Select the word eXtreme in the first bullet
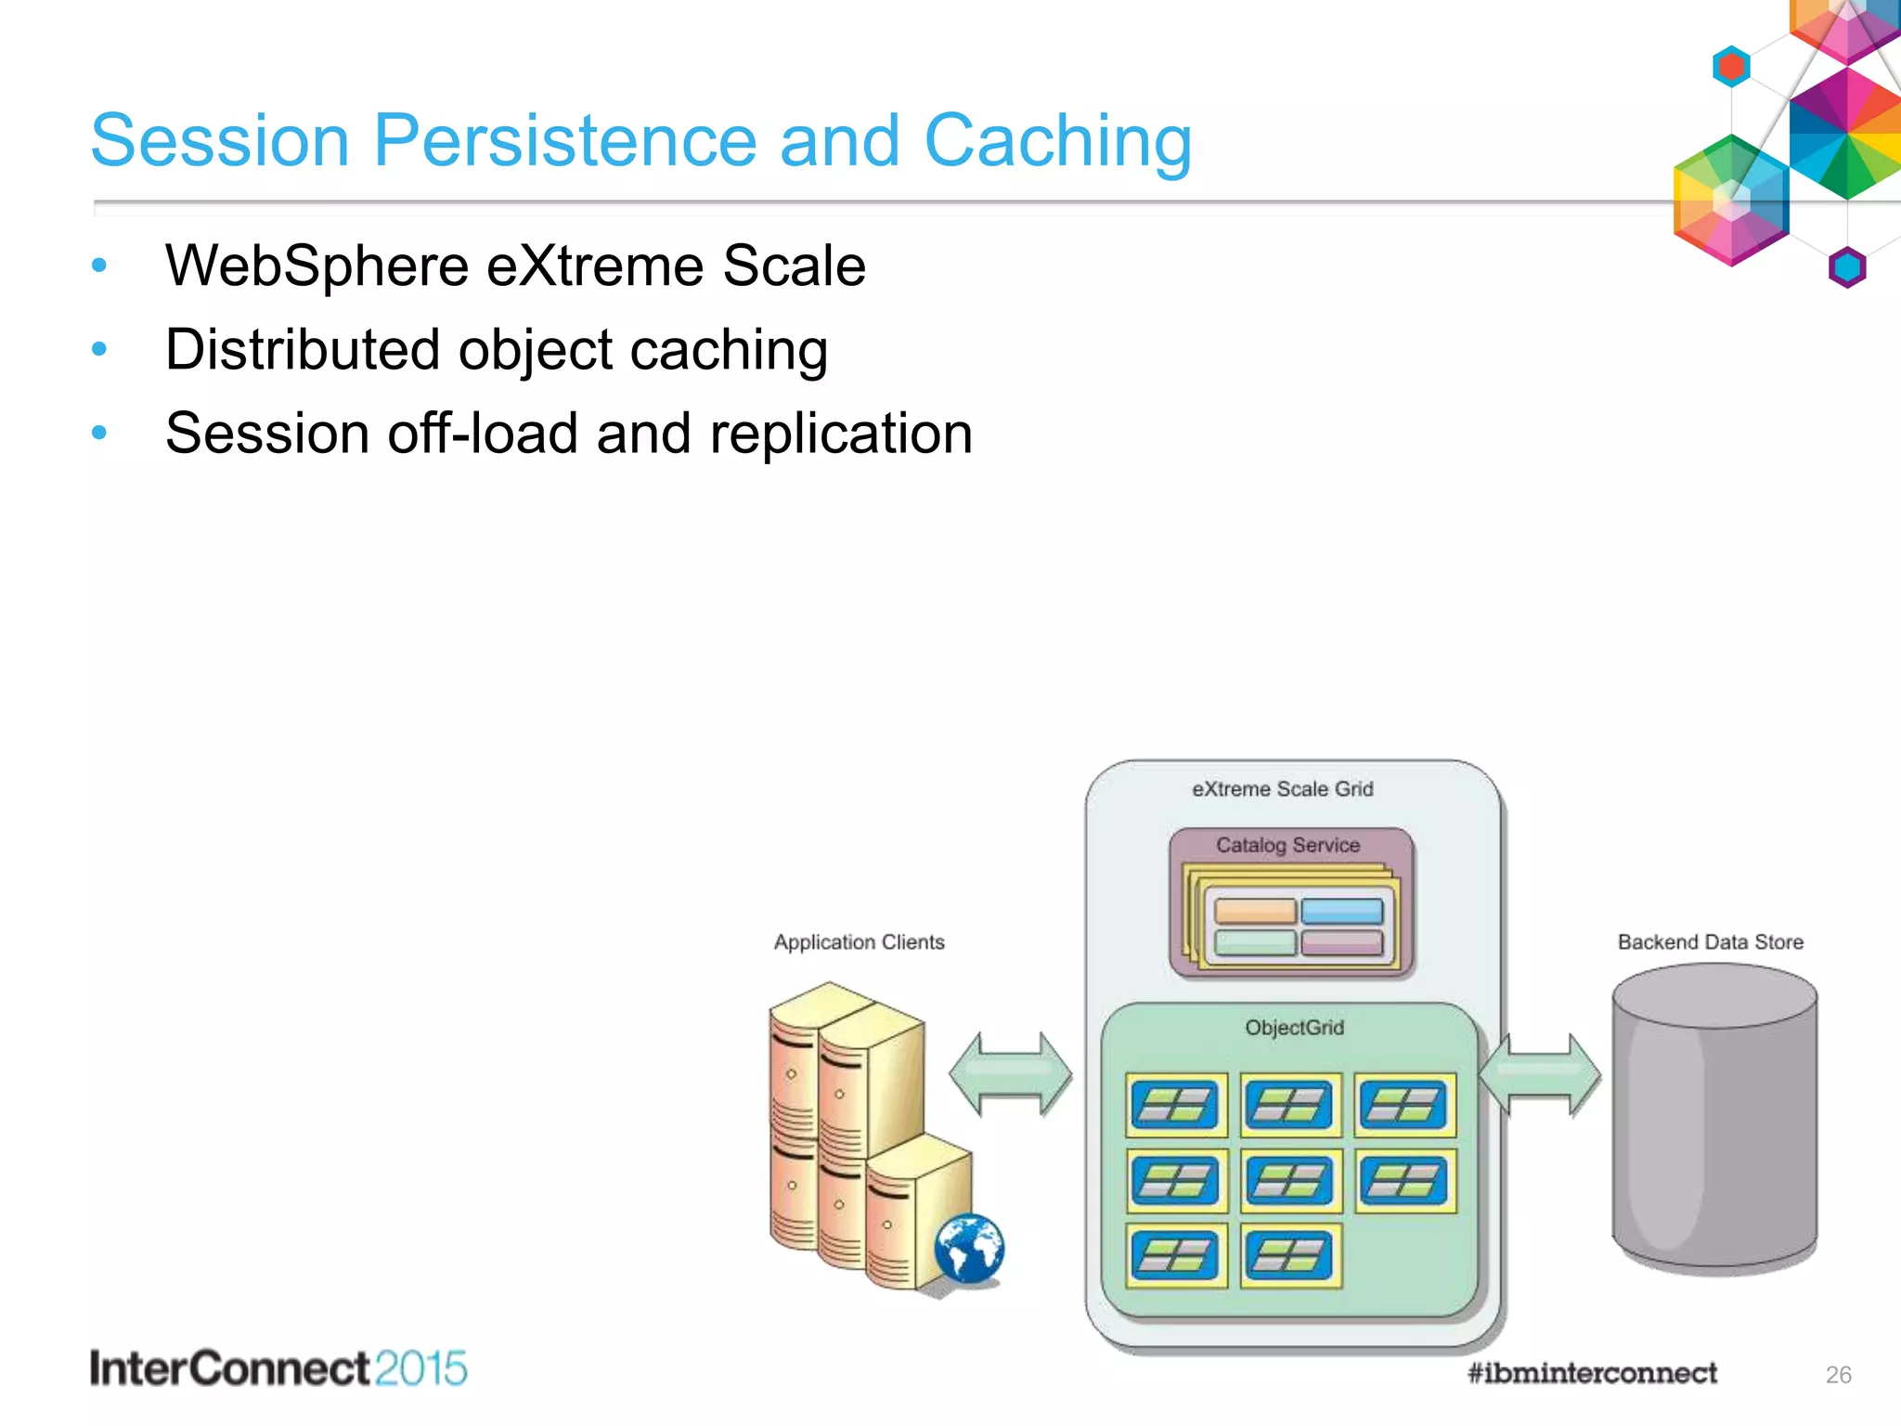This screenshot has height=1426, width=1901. coord(595,266)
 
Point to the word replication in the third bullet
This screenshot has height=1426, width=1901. coord(841,434)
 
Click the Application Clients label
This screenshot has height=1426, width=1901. coord(859,942)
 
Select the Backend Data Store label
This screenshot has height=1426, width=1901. coord(1710,942)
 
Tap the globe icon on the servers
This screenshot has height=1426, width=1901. coord(969,1249)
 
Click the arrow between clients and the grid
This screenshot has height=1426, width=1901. coord(1010,1073)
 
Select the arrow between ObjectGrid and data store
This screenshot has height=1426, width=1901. coord(1539,1074)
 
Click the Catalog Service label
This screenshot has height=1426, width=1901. coord(1287,846)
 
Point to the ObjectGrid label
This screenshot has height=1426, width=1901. coord(1294,1028)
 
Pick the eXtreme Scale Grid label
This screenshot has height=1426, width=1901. coord(1282,789)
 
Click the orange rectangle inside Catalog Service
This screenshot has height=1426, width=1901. coord(1255,911)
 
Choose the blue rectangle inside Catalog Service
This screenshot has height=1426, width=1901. coord(1342,911)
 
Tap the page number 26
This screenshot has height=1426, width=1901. coord(1838,1375)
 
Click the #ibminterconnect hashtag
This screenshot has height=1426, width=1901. coord(1592,1373)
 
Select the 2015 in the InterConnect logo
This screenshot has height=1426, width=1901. coord(420,1369)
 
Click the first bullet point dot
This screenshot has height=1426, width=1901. coord(99,266)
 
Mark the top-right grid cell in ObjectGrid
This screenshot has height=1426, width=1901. coord(1404,1105)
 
